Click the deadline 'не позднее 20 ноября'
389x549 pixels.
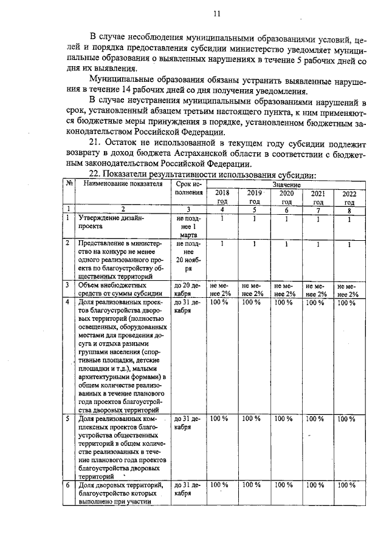(188, 255)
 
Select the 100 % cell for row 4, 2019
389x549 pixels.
(251, 301)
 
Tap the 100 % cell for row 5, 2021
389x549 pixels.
(315, 419)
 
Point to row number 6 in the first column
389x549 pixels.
(68, 485)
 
